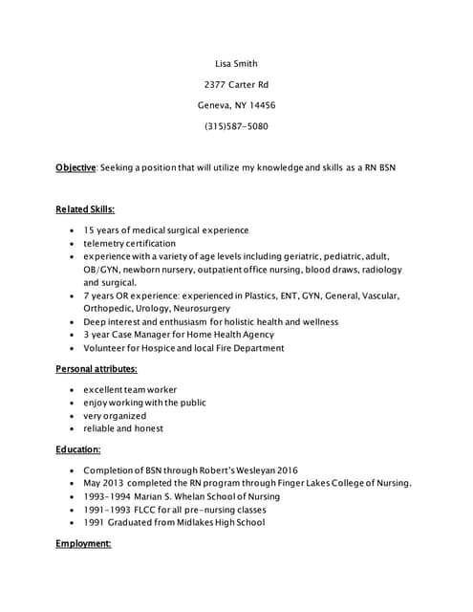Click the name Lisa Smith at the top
[x=236, y=64]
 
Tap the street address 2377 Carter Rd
[x=236, y=85]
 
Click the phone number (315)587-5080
[x=236, y=126]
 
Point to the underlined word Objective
[x=75, y=167]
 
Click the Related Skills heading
[x=85, y=208]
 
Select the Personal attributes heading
[x=96, y=368]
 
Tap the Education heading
[x=78, y=448]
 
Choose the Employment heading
[x=83, y=543]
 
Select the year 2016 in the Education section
[x=287, y=470]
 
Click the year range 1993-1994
[x=108, y=496]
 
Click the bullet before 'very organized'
[x=73, y=416]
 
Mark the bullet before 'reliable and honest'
[x=73, y=428]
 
